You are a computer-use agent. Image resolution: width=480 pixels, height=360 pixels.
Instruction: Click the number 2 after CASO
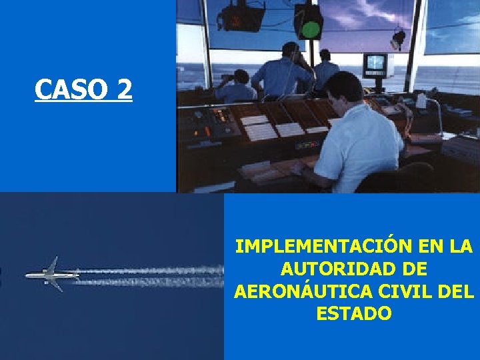(x=123, y=89)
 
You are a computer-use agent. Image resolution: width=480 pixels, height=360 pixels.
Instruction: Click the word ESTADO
(x=354, y=313)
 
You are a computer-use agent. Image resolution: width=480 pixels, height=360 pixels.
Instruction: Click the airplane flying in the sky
(x=52, y=273)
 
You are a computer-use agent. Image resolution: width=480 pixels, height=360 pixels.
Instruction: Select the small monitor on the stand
(x=375, y=63)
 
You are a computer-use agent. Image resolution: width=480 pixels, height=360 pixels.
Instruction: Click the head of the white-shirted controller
(x=345, y=90)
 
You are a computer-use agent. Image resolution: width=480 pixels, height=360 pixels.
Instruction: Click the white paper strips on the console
(x=260, y=128)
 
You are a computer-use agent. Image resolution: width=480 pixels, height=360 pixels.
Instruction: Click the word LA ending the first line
(x=461, y=247)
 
